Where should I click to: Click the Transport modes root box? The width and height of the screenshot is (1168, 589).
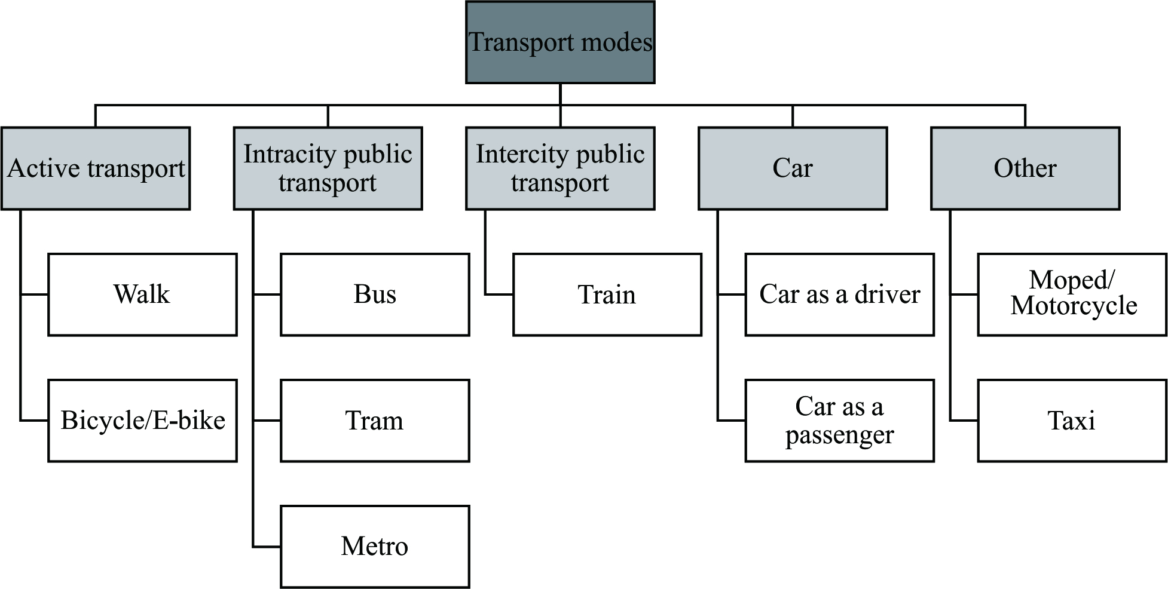560,42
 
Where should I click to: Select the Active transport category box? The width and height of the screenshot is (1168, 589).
96,168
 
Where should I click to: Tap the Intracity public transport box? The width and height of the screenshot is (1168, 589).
328,168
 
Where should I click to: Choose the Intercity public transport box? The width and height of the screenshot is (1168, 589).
560,168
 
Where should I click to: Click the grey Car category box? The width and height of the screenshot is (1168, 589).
793,168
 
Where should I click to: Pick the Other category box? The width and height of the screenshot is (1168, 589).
1025,168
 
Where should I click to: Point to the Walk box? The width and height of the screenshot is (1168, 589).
142,294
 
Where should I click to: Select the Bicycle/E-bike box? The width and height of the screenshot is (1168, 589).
142,421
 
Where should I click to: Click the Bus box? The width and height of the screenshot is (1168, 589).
375,294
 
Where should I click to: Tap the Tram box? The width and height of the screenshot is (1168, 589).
375,421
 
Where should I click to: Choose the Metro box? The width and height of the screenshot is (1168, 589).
375,547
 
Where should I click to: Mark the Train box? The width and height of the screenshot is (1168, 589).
607,294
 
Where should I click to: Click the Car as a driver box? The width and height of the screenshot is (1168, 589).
839,294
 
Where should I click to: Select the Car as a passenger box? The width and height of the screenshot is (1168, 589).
839,421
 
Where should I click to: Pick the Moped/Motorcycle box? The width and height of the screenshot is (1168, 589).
1072,294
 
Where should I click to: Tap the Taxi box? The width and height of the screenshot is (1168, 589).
1072,421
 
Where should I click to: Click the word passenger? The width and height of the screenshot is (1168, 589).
839,435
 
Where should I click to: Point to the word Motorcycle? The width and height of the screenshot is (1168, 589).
1074,306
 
